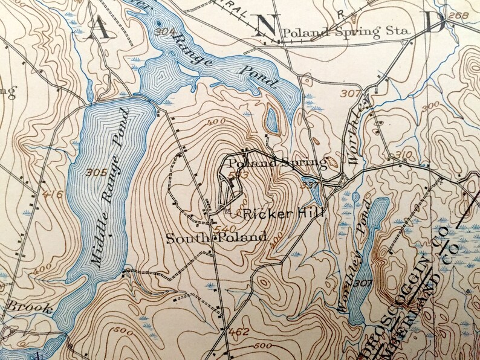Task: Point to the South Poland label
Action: [x=216, y=237]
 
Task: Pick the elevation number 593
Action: [x=239, y=175]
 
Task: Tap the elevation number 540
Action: [x=222, y=229]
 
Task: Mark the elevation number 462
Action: [x=239, y=331]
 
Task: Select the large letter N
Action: [x=266, y=25]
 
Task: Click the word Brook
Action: [x=20, y=306]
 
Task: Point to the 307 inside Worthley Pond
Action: [x=364, y=283]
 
